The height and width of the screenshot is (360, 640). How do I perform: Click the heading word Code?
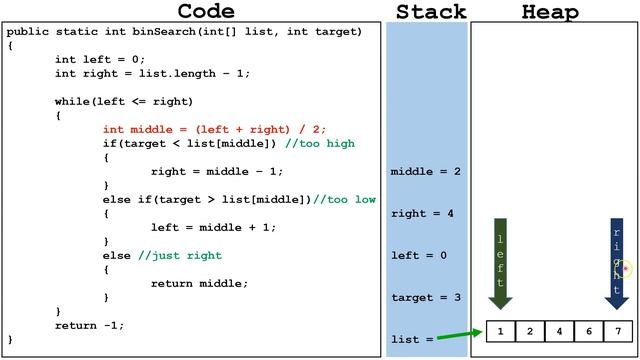(x=205, y=12)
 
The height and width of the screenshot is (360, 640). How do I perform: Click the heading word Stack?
(x=431, y=12)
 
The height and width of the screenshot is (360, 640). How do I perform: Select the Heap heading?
(x=550, y=12)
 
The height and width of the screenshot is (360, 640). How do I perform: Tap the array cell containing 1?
(x=500, y=331)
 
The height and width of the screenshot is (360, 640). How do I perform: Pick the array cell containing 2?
(x=530, y=331)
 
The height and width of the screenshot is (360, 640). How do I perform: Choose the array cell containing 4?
(x=559, y=331)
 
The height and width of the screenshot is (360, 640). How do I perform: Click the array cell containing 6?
(x=589, y=331)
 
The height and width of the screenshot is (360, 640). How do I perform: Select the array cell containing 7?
(x=618, y=331)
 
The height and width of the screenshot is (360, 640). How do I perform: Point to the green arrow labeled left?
(x=501, y=262)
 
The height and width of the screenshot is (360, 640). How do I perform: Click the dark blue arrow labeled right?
(x=617, y=262)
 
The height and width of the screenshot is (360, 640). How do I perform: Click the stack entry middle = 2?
(x=425, y=172)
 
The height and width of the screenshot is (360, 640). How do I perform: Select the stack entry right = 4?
(x=423, y=214)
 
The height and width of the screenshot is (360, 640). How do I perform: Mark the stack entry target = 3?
(x=425, y=298)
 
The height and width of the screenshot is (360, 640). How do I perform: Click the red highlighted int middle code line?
(x=214, y=129)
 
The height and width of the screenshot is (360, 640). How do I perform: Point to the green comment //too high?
(x=320, y=143)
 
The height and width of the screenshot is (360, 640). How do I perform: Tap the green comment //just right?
(x=180, y=256)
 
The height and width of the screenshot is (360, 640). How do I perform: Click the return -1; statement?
(x=90, y=325)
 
